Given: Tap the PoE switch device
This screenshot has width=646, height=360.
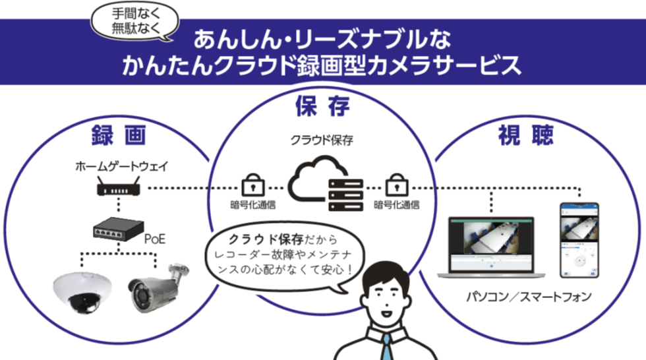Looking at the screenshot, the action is pyautogui.click(x=118, y=229).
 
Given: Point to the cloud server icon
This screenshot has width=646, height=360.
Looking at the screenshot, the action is pyautogui.click(x=326, y=184).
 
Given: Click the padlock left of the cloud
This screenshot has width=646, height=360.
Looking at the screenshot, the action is pyautogui.click(x=252, y=185).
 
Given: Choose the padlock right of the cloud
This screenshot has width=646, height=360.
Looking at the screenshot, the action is pyautogui.click(x=396, y=185).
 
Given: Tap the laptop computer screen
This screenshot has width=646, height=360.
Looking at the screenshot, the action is pyautogui.click(x=491, y=245).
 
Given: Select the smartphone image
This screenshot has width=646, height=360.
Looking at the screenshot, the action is pyautogui.click(x=579, y=240).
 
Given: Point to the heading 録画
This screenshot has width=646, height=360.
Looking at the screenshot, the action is pyautogui.click(x=119, y=135).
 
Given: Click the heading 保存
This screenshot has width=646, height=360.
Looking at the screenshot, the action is pyautogui.click(x=322, y=106).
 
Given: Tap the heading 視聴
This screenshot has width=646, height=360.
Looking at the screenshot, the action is pyautogui.click(x=526, y=135).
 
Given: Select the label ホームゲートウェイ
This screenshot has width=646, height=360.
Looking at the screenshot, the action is pyautogui.click(x=121, y=166).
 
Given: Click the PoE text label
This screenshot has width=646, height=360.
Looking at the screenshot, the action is pyautogui.click(x=155, y=239).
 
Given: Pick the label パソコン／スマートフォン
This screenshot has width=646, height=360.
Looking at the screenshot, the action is pyautogui.click(x=529, y=297).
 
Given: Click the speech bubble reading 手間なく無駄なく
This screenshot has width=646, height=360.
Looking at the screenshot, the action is pyautogui.click(x=134, y=22).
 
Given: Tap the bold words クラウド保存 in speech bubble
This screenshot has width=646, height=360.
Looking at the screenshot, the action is pyautogui.click(x=266, y=239).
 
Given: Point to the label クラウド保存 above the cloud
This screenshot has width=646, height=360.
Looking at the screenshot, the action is pyautogui.click(x=322, y=140).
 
